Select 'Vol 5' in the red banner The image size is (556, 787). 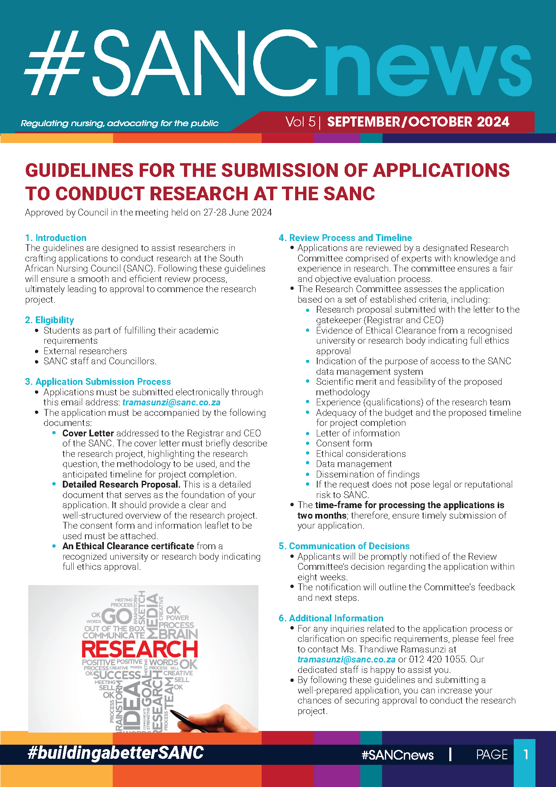(300, 122)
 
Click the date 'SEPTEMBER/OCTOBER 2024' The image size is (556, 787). (418, 122)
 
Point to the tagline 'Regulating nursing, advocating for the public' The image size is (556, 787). (120, 123)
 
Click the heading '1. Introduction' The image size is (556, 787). (56, 238)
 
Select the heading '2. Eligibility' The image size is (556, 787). (50, 320)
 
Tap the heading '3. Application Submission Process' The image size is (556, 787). (98, 382)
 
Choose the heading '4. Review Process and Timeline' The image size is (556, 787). (345, 238)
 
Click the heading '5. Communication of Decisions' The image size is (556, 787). (344, 546)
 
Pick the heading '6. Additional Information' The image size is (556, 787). (331, 618)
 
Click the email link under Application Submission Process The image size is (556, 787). (171, 402)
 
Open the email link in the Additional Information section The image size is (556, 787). (346, 660)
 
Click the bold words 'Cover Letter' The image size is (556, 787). (88, 433)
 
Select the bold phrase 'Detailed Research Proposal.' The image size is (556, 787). (121, 484)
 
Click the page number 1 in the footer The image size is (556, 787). (526, 754)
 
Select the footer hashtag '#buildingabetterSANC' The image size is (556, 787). (116, 753)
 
